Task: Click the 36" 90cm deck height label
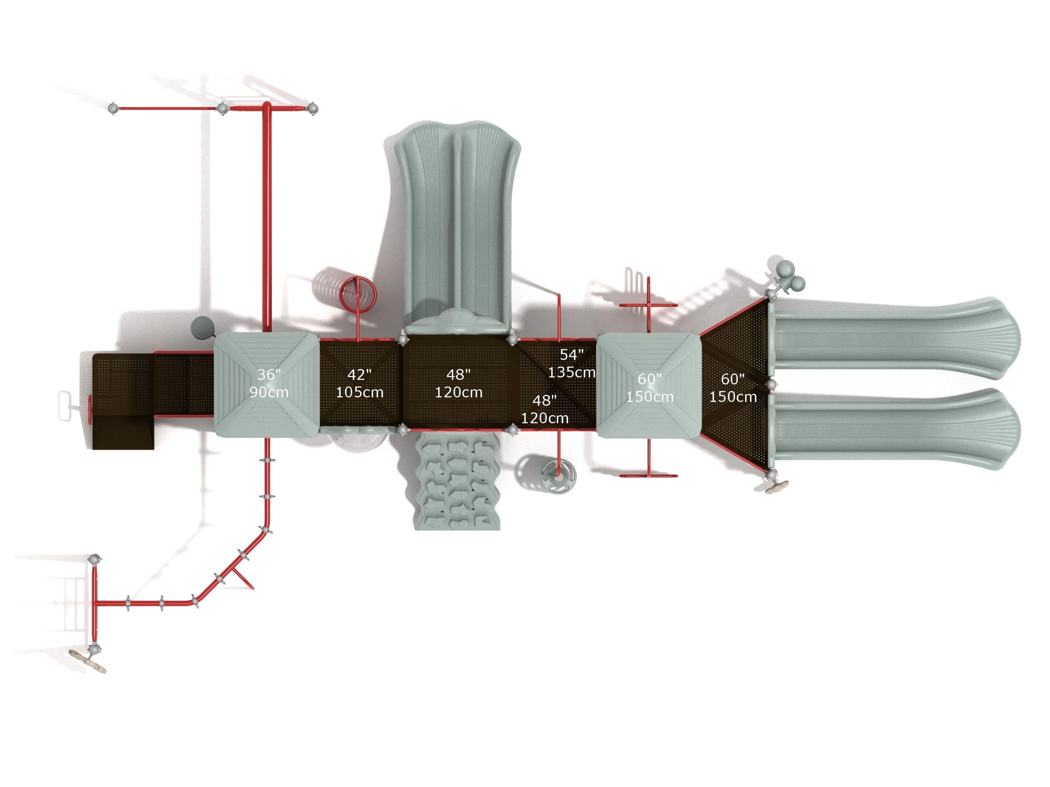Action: pos(269,383)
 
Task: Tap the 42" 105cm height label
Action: pos(359,383)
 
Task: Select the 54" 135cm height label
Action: pos(571,364)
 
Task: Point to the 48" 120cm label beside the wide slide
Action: pos(459,383)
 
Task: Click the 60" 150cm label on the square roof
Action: pos(649,388)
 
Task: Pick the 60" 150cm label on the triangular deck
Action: pos(733,388)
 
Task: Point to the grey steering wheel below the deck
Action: pos(559,475)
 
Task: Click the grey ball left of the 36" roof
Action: pos(202,328)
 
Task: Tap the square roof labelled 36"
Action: pos(267,384)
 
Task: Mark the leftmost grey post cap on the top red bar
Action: pos(113,109)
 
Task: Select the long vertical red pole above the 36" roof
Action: pos(267,216)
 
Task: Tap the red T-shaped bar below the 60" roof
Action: pos(648,458)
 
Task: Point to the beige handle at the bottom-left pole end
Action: pos(87,661)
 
